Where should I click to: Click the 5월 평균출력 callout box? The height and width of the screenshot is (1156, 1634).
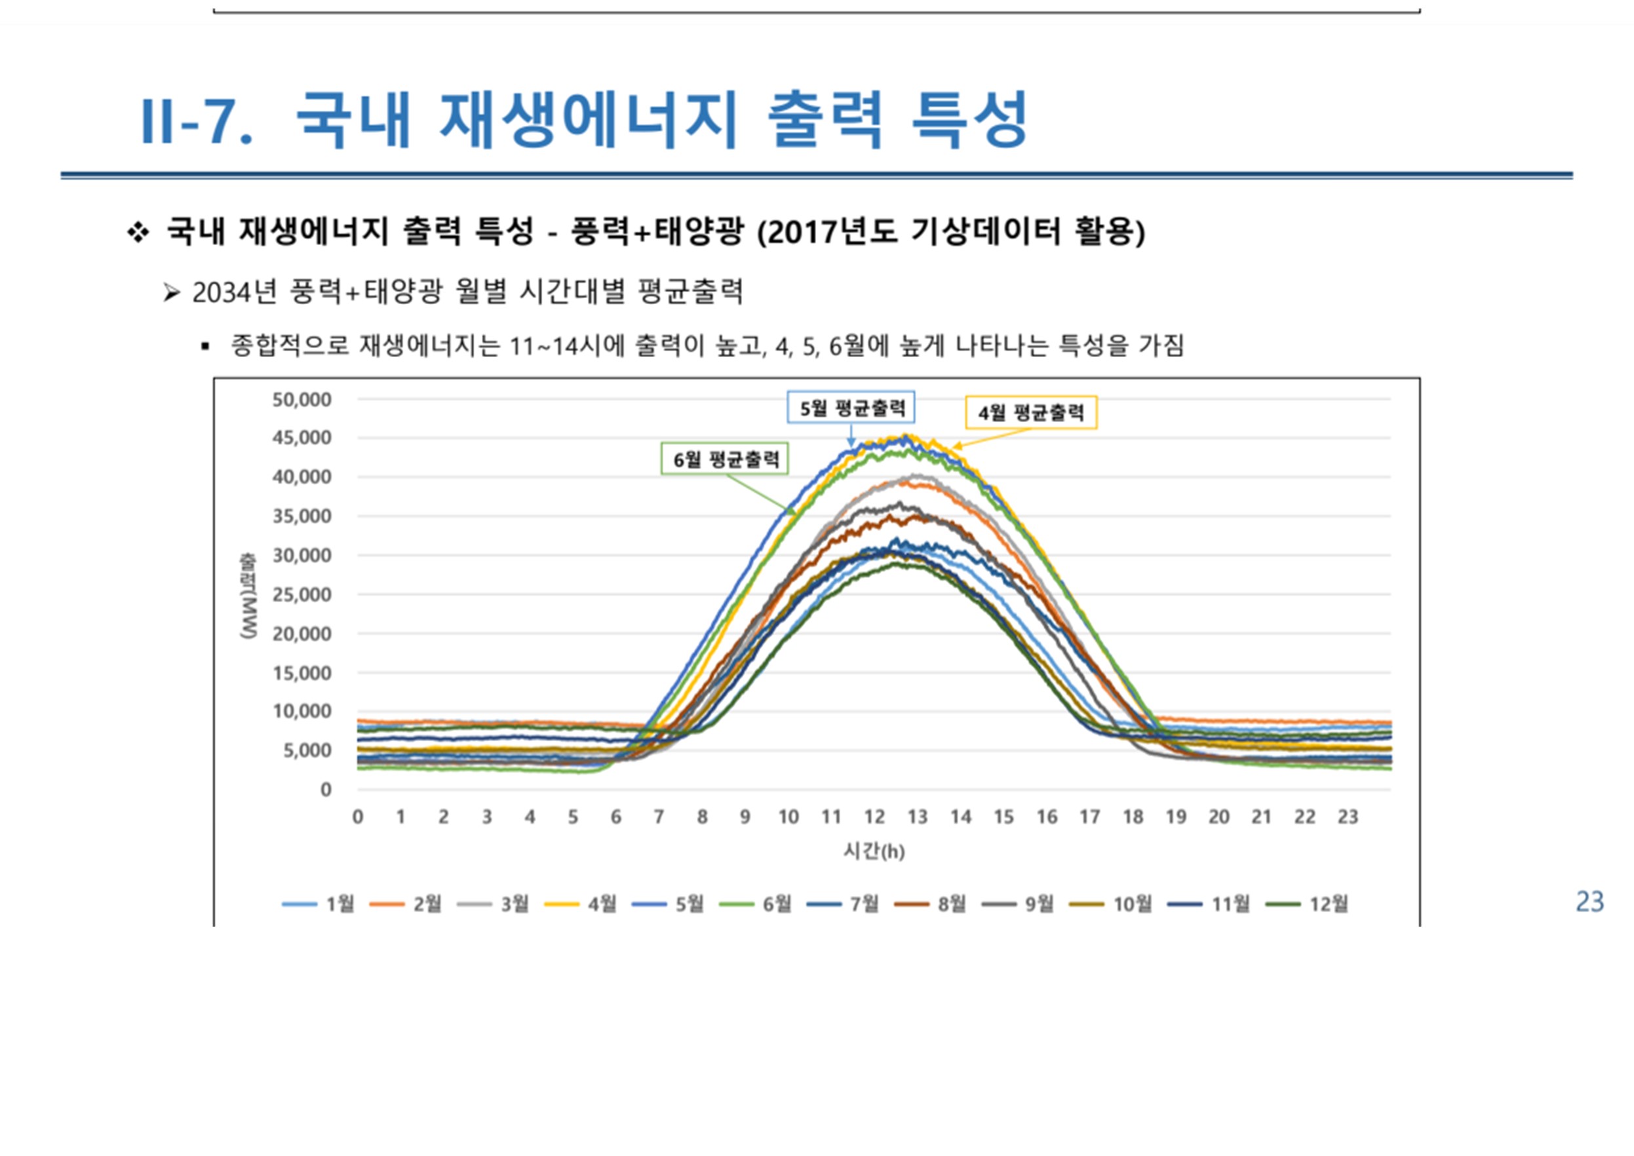[x=851, y=408]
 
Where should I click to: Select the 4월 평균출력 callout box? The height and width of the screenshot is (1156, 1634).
[x=1030, y=412]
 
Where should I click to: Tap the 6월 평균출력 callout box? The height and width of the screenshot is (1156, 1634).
[x=725, y=459]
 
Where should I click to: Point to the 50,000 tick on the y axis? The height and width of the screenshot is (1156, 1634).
[x=302, y=399]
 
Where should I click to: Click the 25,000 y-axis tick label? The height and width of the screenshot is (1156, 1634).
[x=302, y=594]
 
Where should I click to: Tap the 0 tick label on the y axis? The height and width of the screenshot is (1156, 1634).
[x=325, y=789]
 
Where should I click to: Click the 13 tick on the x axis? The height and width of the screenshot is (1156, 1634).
[x=917, y=817]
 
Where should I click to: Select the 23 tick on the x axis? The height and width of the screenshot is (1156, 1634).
[x=1347, y=817]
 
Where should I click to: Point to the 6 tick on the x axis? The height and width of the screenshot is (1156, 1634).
[x=616, y=817]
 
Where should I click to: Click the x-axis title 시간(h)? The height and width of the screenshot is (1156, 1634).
[x=874, y=851]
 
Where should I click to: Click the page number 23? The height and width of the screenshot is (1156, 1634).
[x=1590, y=902]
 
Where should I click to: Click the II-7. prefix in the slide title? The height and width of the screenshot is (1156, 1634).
[x=197, y=122]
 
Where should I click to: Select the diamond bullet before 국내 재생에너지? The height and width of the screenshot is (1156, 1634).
[x=138, y=232]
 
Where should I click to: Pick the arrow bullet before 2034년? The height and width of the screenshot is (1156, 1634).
[x=171, y=292]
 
